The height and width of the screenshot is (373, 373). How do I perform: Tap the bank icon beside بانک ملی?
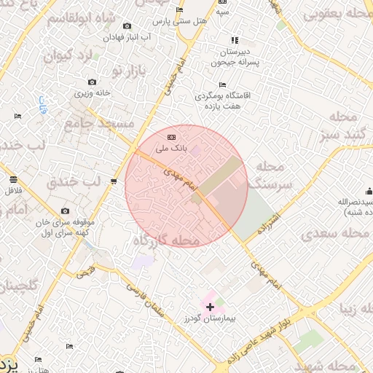(172, 137)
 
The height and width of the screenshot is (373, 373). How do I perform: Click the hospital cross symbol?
(211, 307)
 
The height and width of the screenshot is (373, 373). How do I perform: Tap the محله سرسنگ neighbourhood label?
(270, 176)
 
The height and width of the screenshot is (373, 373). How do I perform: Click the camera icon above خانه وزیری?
(92, 82)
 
